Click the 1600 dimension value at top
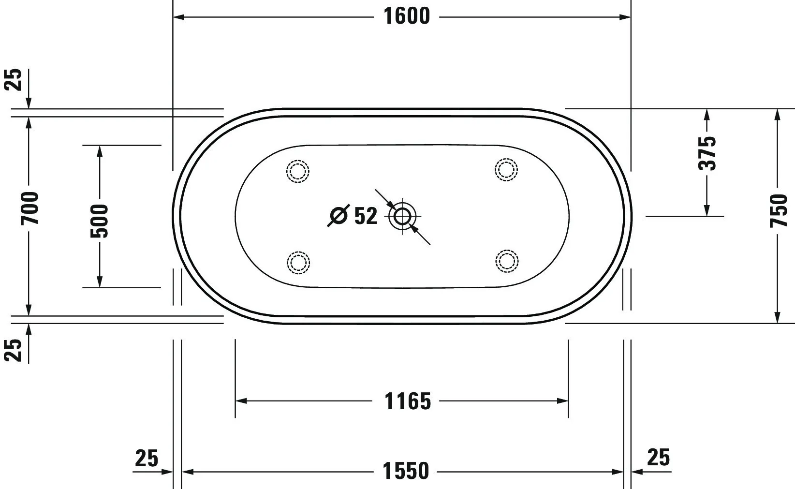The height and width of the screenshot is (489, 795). (x=406, y=16)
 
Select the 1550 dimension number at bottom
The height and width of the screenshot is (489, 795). (x=406, y=471)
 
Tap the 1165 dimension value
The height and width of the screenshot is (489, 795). (x=407, y=401)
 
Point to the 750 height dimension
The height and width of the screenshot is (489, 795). (x=779, y=211)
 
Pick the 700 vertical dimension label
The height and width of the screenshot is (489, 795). (x=29, y=208)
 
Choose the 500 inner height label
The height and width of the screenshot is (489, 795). (x=100, y=221)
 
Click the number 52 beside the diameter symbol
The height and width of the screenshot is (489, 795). (x=366, y=216)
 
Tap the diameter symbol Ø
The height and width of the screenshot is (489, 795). (x=339, y=216)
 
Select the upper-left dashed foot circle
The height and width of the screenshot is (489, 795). (x=298, y=171)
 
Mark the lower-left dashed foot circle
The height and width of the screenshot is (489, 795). (x=298, y=263)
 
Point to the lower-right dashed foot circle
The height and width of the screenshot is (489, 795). (x=507, y=261)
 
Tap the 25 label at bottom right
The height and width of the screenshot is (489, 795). (x=658, y=457)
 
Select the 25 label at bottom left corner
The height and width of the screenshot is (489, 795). (x=147, y=458)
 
